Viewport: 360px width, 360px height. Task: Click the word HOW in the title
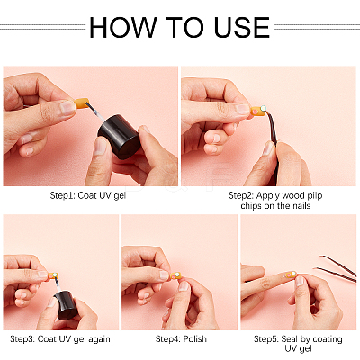(x=123, y=27)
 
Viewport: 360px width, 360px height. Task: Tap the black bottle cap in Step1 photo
(x=120, y=137)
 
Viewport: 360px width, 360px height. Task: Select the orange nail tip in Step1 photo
(x=81, y=103)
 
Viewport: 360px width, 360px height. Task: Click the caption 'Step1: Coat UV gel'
(x=88, y=195)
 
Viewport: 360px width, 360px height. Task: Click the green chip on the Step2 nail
(x=263, y=108)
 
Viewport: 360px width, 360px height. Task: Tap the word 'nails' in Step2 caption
(x=301, y=206)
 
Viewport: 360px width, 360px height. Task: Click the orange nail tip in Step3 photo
(x=53, y=275)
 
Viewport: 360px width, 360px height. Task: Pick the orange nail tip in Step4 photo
(x=175, y=275)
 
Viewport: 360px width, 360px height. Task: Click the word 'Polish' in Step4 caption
(x=195, y=339)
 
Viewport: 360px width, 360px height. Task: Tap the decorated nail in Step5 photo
(x=290, y=274)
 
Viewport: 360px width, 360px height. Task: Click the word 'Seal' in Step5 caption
(x=289, y=339)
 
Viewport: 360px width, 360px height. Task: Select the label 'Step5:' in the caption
(x=266, y=339)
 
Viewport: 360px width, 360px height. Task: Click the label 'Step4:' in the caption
(x=168, y=339)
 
